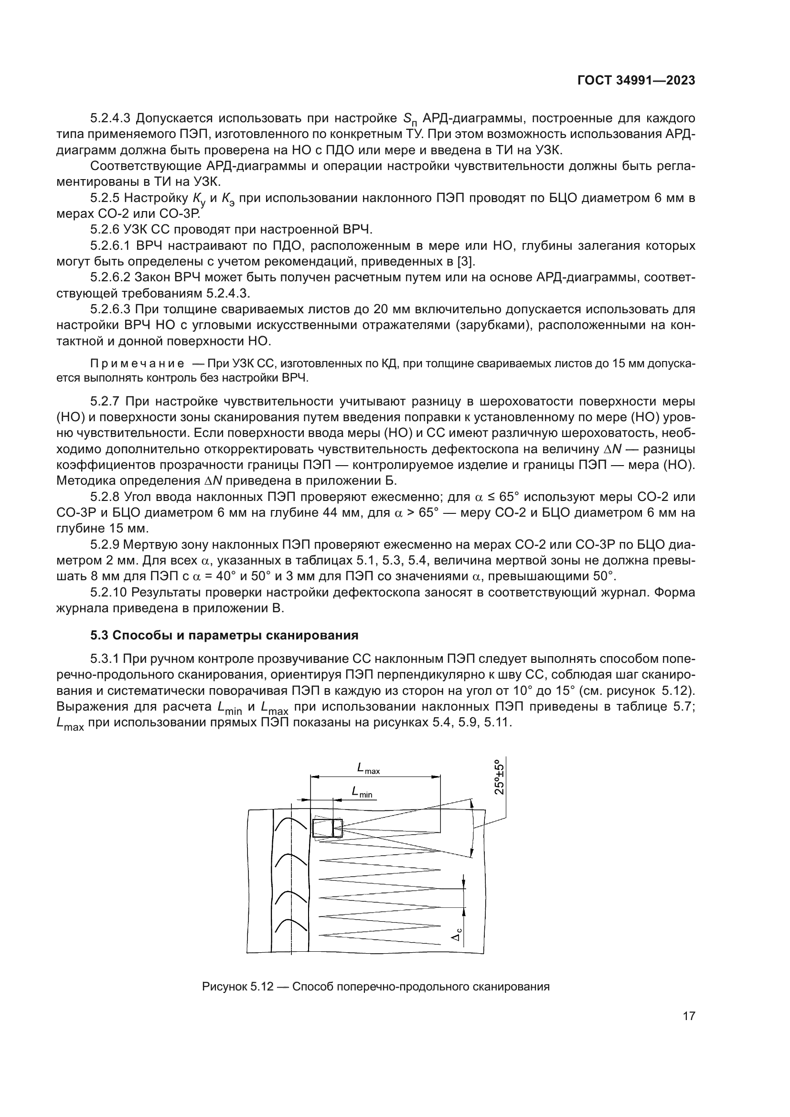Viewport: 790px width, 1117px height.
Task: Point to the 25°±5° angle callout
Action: pyautogui.click(x=499, y=777)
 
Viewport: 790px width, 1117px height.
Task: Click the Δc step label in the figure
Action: pyautogui.click(x=458, y=935)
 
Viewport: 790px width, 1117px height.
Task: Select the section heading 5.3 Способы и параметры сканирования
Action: pyautogui.click(x=224, y=635)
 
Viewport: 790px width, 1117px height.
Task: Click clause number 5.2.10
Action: pyautogui.click(x=108, y=593)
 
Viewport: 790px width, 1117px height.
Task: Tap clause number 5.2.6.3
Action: pyautogui.click(x=110, y=309)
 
